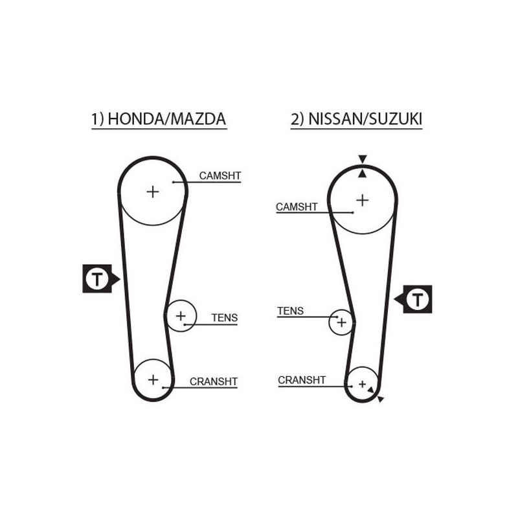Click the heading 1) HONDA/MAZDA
pyautogui.click(x=159, y=119)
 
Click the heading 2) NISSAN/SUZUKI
pyautogui.click(x=357, y=119)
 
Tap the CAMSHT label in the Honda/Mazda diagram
pyautogui.click(x=220, y=175)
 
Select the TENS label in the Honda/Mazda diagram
pyautogui.click(x=225, y=318)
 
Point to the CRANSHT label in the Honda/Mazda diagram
pyautogui.click(x=214, y=381)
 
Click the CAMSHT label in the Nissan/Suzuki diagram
pyautogui.click(x=297, y=207)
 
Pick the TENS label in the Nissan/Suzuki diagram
pyautogui.click(x=290, y=311)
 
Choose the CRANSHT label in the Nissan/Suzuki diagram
pyautogui.click(x=302, y=380)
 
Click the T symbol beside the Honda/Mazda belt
pyautogui.click(x=96, y=279)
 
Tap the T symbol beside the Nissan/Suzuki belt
pyautogui.click(x=418, y=299)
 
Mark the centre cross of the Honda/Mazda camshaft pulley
pyautogui.click(x=153, y=192)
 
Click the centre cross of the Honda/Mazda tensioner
pyautogui.click(x=181, y=316)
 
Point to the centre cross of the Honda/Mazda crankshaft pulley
pyautogui.click(x=153, y=379)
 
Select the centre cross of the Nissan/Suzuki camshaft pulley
pyautogui.click(x=363, y=200)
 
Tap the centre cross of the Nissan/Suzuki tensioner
pyautogui.click(x=342, y=322)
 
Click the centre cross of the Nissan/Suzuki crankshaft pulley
pyautogui.click(x=363, y=384)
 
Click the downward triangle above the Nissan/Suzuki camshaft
pyautogui.click(x=363, y=159)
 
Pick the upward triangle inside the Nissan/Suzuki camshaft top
pyautogui.click(x=363, y=173)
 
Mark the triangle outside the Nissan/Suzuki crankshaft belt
pyautogui.click(x=381, y=399)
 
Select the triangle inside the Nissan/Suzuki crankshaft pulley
pyautogui.click(x=371, y=390)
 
